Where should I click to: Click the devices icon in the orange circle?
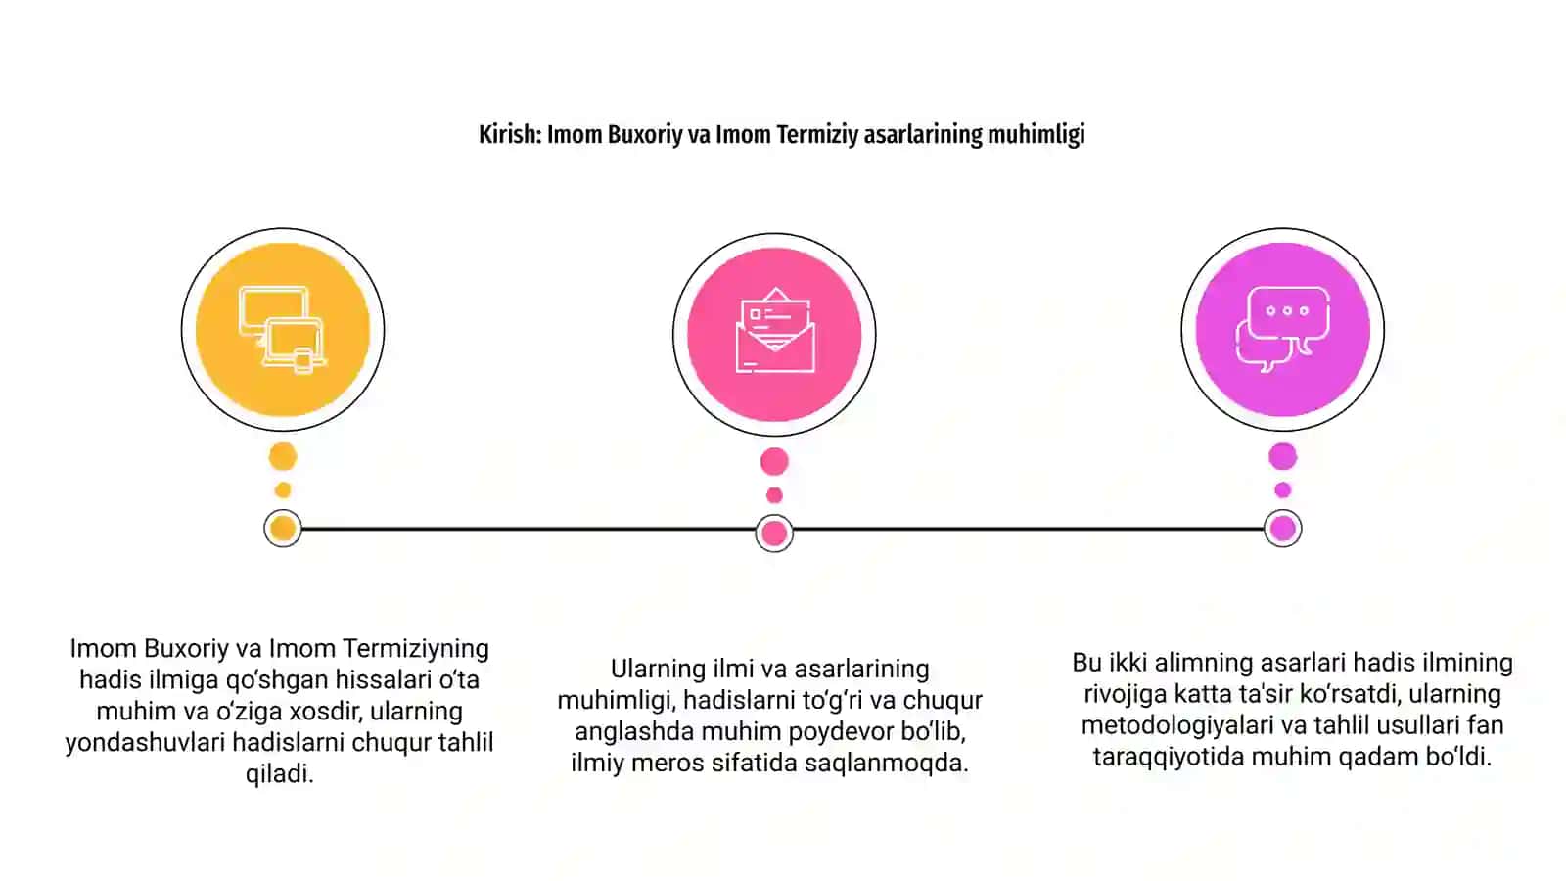click(x=283, y=329)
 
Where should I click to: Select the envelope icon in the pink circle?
click(x=774, y=330)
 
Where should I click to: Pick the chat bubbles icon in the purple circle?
click(x=1283, y=329)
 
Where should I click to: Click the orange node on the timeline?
click(x=283, y=529)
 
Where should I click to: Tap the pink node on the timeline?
click(x=774, y=533)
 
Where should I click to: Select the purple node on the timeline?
click(x=1283, y=529)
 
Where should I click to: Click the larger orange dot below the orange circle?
click(x=283, y=456)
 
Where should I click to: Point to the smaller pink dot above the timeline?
click(x=774, y=495)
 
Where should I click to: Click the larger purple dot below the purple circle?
click(x=1283, y=456)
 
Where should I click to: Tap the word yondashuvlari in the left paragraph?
click(x=146, y=743)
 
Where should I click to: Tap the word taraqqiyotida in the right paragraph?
click(x=1169, y=758)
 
